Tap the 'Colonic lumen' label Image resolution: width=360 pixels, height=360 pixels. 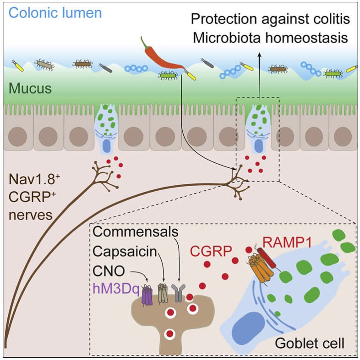click(55, 13)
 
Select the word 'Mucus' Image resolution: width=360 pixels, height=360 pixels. click(30, 89)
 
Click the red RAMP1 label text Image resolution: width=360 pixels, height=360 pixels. click(287, 242)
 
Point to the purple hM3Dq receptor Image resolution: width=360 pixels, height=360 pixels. click(147, 296)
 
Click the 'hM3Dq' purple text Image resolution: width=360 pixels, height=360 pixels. click(116, 289)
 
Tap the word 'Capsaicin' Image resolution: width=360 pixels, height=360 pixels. click(125, 251)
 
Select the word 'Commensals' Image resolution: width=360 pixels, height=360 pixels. click(136, 232)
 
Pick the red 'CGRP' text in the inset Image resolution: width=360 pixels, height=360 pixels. click(211, 251)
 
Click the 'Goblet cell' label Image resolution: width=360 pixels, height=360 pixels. click(310, 343)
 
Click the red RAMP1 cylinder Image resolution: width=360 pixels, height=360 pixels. click(266, 258)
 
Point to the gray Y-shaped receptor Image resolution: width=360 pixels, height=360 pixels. click(178, 293)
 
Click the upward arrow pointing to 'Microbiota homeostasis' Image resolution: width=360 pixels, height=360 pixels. click(260, 78)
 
